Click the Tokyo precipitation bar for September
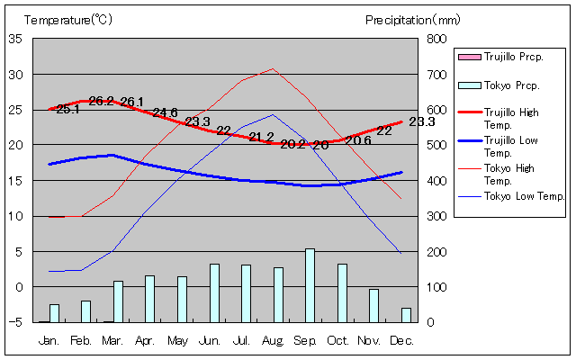[310, 285]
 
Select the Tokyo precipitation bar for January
[55, 313]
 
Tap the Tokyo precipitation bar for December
[406, 315]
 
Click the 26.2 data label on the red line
[101, 101]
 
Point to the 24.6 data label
[166, 112]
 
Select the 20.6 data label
[358, 140]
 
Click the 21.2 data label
[261, 137]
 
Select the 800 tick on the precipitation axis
[436, 39]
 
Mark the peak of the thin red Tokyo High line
[273, 68]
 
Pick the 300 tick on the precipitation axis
[436, 216]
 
